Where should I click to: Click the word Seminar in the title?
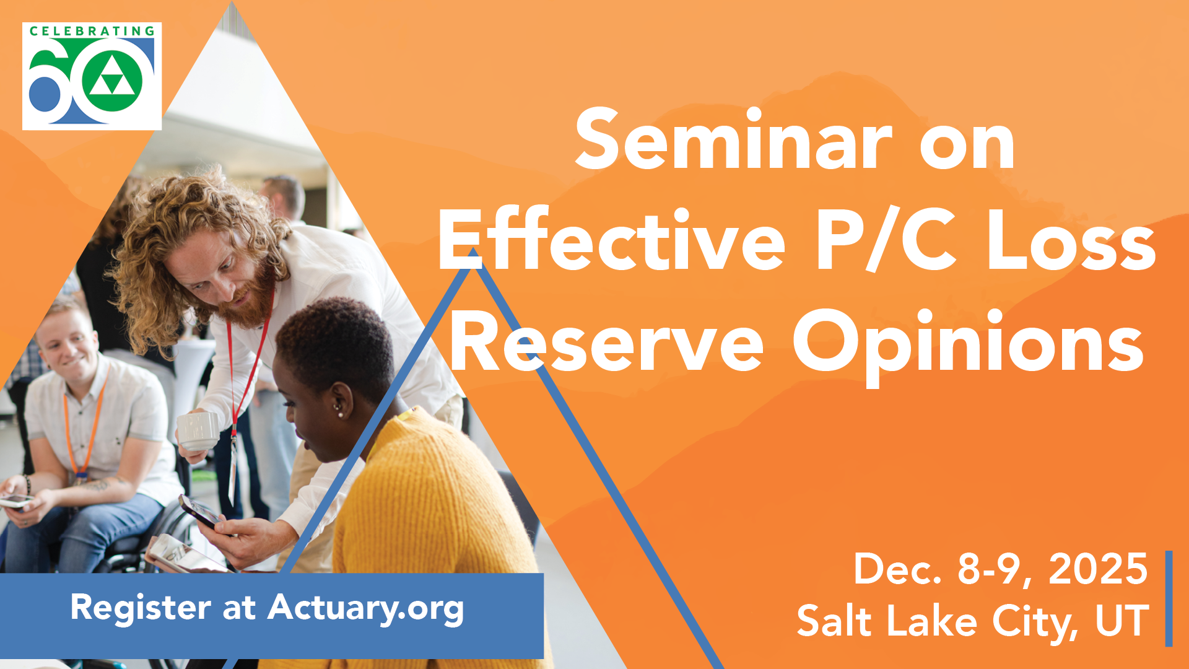click(x=734, y=139)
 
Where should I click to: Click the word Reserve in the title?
click(x=608, y=340)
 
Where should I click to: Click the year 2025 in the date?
click(x=1098, y=569)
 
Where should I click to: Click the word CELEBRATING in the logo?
click(x=92, y=31)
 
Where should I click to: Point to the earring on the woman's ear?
click(x=339, y=408)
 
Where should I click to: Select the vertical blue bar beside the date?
click(x=1169, y=598)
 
